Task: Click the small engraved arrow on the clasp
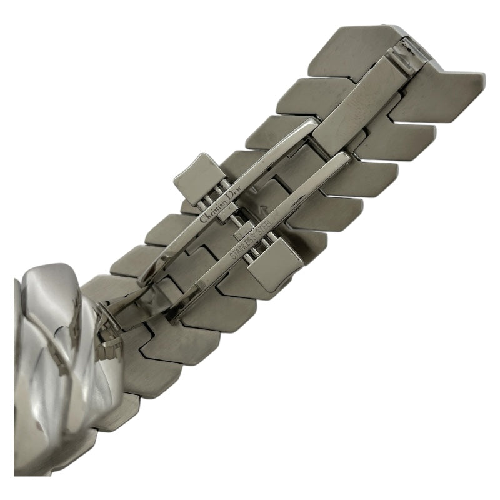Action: click(x=263, y=209)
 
